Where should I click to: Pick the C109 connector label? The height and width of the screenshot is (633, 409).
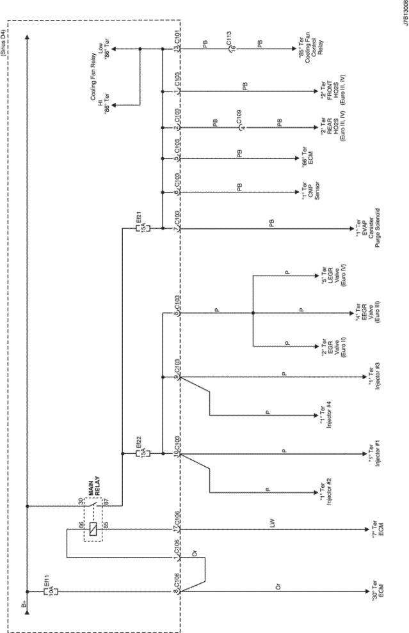click(238, 118)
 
